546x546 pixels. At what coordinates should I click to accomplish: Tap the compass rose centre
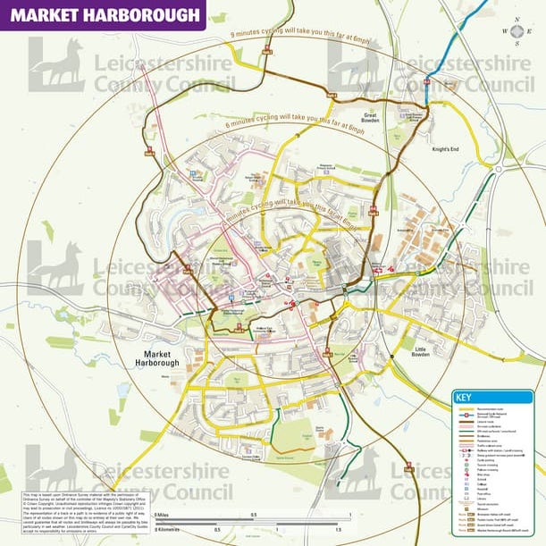click(517, 30)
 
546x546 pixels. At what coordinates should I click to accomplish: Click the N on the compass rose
click(517, 20)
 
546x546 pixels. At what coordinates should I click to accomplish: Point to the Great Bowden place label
click(370, 115)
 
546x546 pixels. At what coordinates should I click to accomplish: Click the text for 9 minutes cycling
click(298, 36)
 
